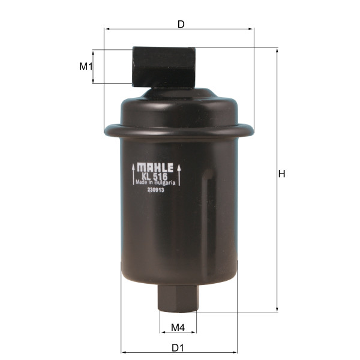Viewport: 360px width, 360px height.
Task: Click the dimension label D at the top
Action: (181, 24)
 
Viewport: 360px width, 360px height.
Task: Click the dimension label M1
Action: (86, 67)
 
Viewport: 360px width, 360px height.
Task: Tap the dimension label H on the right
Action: (282, 174)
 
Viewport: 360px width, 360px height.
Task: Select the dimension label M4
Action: (178, 328)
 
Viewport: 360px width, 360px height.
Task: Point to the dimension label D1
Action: (178, 348)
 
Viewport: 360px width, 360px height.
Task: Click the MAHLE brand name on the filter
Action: (155, 167)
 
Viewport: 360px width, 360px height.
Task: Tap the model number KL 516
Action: (155, 176)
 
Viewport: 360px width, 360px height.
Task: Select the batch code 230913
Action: (155, 190)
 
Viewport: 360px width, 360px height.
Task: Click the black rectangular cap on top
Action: (164, 67)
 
